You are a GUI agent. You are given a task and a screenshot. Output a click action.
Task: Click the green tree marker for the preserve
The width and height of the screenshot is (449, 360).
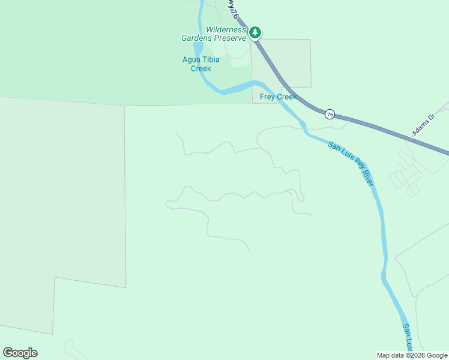255,32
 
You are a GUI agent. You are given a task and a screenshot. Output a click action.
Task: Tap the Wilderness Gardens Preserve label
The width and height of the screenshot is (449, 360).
215,34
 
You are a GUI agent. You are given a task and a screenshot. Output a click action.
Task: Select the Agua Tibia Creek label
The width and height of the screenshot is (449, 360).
201,64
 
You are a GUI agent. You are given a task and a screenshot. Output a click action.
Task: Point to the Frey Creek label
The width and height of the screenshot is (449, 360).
278,97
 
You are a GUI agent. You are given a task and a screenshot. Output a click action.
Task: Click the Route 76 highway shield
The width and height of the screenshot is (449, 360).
330,113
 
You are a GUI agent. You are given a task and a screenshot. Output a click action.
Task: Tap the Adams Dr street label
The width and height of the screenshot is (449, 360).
422,127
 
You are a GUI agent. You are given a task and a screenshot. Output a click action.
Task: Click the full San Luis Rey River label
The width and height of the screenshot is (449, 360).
351,163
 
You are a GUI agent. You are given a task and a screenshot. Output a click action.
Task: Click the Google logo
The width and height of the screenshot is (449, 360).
20,353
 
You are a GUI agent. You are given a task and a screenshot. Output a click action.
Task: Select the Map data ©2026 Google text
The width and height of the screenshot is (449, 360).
412,355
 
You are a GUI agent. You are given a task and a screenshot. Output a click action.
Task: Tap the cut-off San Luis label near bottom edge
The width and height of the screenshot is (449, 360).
408,337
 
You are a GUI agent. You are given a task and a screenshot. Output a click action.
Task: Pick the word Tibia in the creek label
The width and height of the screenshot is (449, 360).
210,59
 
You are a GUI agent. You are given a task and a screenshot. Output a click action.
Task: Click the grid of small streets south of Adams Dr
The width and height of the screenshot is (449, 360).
406,174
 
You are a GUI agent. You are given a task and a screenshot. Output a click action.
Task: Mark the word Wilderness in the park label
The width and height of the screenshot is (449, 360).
226,29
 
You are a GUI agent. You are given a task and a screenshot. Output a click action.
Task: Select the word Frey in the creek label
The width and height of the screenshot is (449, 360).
268,97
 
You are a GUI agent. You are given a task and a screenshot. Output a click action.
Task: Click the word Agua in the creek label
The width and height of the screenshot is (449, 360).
191,59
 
